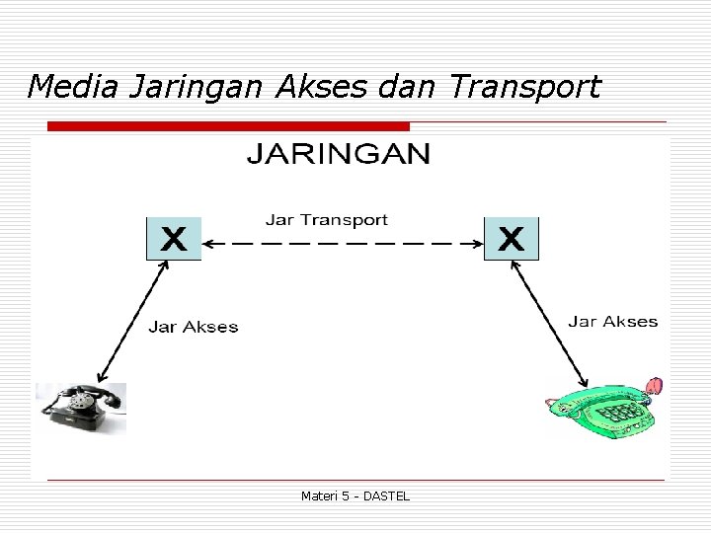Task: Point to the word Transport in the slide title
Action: click(x=523, y=89)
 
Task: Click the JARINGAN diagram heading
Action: click(x=338, y=155)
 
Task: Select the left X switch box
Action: click(x=174, y=239)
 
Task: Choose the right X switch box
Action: click(x=512, y=239)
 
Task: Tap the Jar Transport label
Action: click(x=327, y=220)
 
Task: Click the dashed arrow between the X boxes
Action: click(x=343, y=243)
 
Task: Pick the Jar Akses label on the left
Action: click(x=194, y=327)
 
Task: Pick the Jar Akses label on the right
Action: click(x=612, y=322)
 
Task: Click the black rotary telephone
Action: click(x=82, y=408)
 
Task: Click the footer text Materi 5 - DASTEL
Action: click(x=355, y=495)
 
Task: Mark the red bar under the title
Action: click(x=228, y=126)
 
